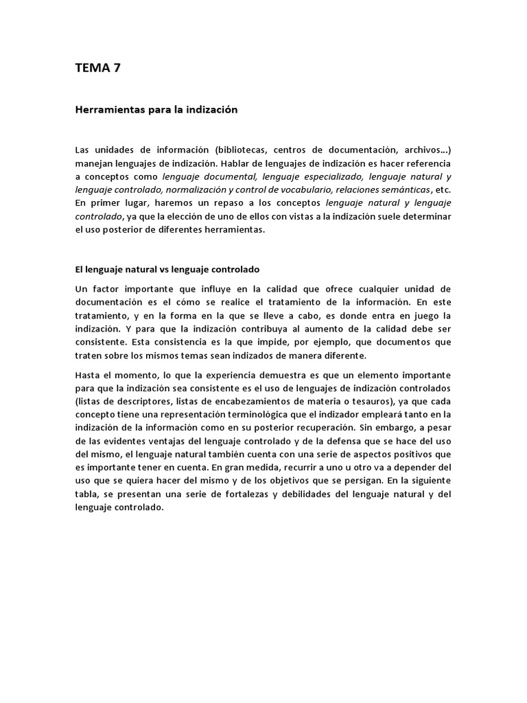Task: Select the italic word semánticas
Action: coord(407,191)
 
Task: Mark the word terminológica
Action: coord(265,415)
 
